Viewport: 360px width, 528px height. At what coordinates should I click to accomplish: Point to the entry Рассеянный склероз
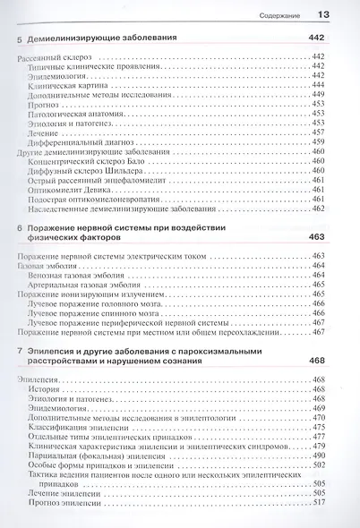click(x=56, y=57)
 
